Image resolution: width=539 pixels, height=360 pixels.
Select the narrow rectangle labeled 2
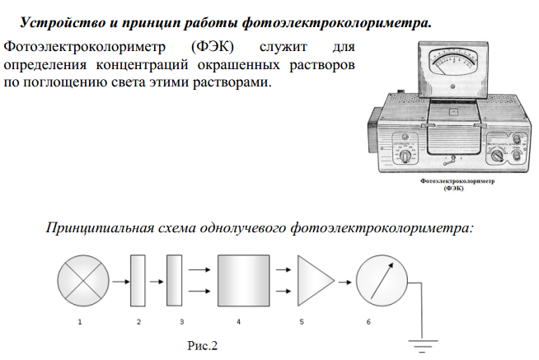tap(138, 282)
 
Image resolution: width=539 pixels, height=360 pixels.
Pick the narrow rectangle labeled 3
tap(174, 282)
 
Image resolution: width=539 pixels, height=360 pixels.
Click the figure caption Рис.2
tap(202, 344)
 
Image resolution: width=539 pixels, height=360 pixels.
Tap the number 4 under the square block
tap(238, 321)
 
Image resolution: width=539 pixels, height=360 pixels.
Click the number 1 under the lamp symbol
tap(80, 321)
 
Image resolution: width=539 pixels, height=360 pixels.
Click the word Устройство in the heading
tap(59, 21)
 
